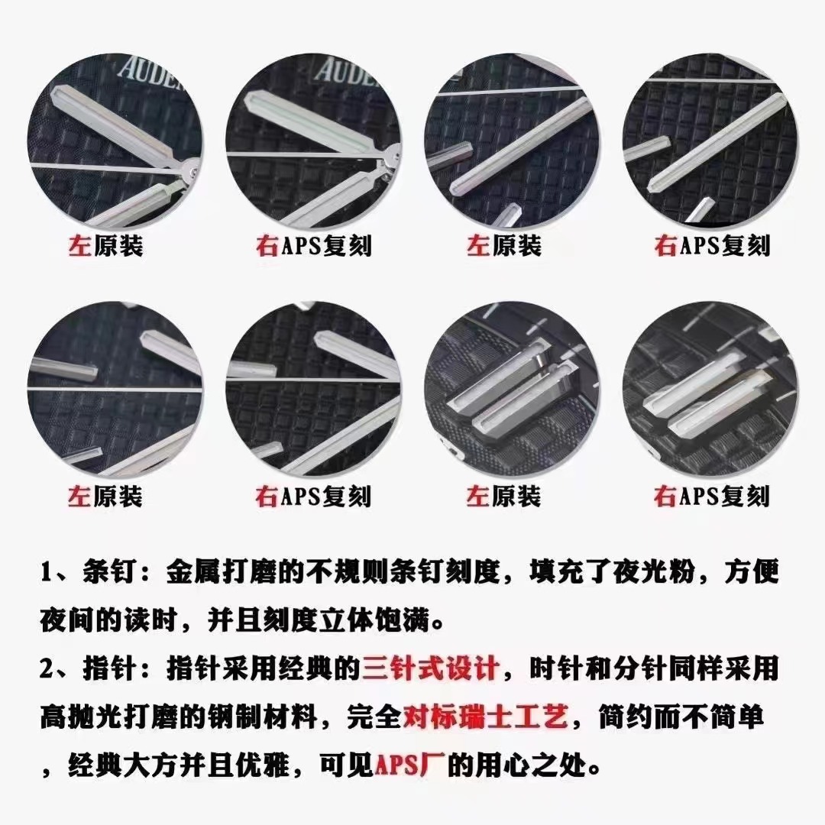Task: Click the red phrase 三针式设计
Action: click(x=430, y=668)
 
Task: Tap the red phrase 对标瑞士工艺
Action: click(x=485, y=717)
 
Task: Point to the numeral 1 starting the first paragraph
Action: click(x=47, y=572)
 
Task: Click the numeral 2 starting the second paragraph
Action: click(x=47, y=668)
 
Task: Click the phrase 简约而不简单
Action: click(x=681, y=717)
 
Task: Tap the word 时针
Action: click(x=556, y=668)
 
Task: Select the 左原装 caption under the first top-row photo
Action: click(x=105, y=246)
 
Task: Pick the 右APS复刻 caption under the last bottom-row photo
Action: click(x=712, y=497)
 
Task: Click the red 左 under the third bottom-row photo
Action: click(x=477, y=497)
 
